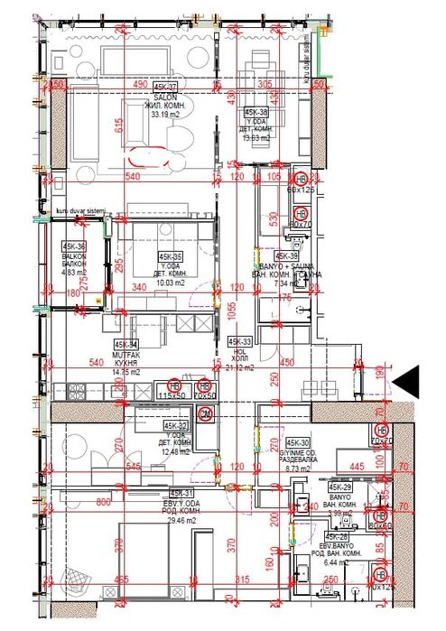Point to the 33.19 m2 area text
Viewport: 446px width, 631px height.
163,115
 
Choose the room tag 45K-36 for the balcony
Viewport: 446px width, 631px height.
74,246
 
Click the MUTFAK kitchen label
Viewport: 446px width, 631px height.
126,353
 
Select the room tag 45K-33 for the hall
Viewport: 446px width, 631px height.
239,342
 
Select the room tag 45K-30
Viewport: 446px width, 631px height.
298,442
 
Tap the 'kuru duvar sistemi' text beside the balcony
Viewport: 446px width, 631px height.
81,211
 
